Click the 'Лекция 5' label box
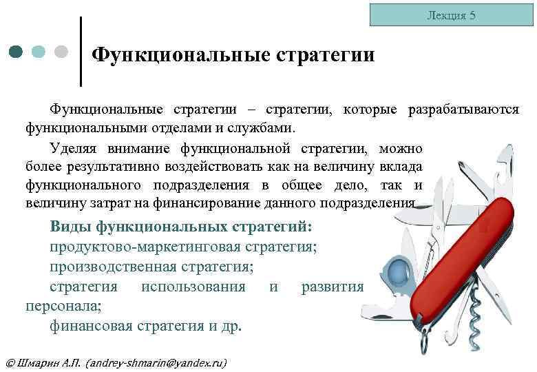452,15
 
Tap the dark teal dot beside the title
17,52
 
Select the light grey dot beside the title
61,52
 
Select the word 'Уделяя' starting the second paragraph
73,148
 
